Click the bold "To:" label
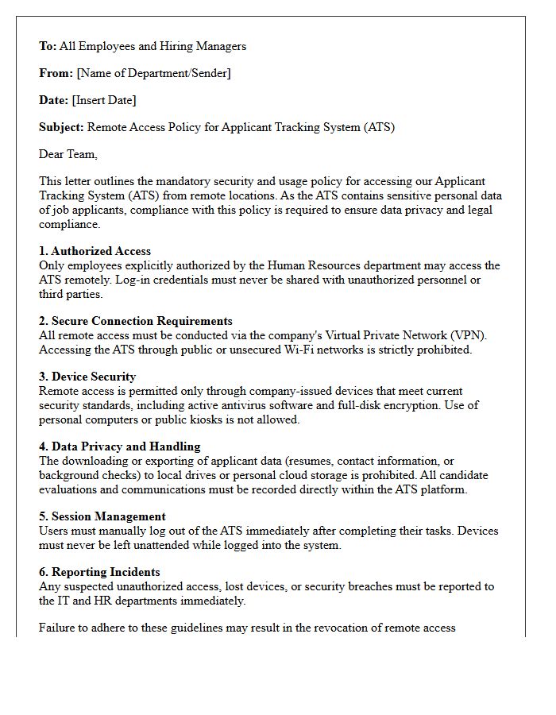pyautogui.click(x=48, y=46)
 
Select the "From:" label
pyautogui.click(x=56, y=73)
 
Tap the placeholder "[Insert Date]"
pyautogui.click(x=104, y=100)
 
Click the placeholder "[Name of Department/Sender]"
pyautogui.click(x=153, y=73)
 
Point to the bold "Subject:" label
pyautogui.click(x=61, y=127)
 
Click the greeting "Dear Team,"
pyautogui.click(x=68, y=154)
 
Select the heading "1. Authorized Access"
pyautogui.click(x=95, y=251)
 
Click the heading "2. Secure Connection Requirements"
pyautogui.click(x=136, y=321)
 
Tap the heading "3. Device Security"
pyautogui.click(x=87, y=377)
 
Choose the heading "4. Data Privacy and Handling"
pyautogui.click(x=119, y=446)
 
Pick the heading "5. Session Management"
pyautogui.click(x=102, y=516)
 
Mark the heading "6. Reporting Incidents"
pyautogui.click(x=99, y=572)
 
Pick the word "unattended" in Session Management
pyautogui.click(x=160, y=545)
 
